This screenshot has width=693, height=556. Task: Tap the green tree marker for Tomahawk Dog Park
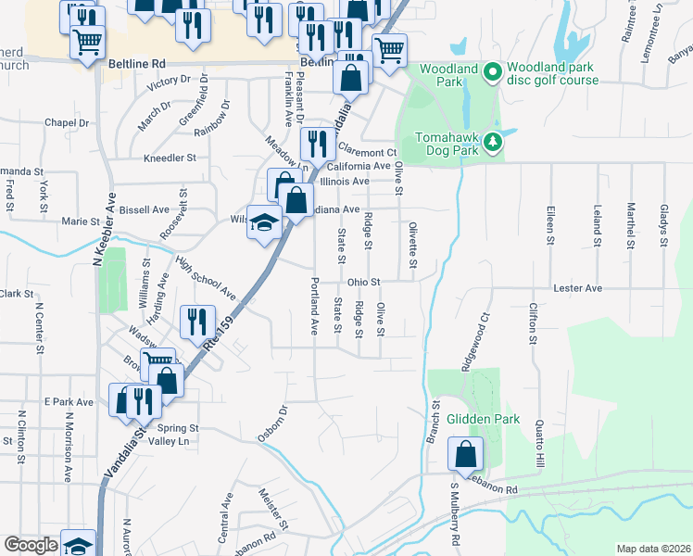pyautogui.click(x=494, y=141)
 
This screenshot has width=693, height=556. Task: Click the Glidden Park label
pyautogui.click(x=476, y=419)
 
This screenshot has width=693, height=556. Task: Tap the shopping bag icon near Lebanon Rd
pyautogui.click(x=465, y=453)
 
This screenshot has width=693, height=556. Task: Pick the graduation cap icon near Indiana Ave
pyautogui.click(x=264, y=222)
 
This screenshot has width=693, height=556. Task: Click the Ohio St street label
pyautogui.click(x=364, y=282)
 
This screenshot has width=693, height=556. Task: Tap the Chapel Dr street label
pyautogui.click(x=66, y=122)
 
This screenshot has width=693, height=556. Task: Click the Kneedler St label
pyautogui.click(x=170, y=158)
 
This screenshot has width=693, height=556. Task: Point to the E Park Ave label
pyautogui.click(x=69, y=402)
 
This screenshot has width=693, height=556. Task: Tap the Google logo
pyautogui.click(x=31, y=545)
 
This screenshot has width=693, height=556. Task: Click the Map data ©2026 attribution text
pyautogui.click(x=652, y=549)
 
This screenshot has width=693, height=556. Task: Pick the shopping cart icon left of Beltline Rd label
pyautogui.click(x=87, y=42)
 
